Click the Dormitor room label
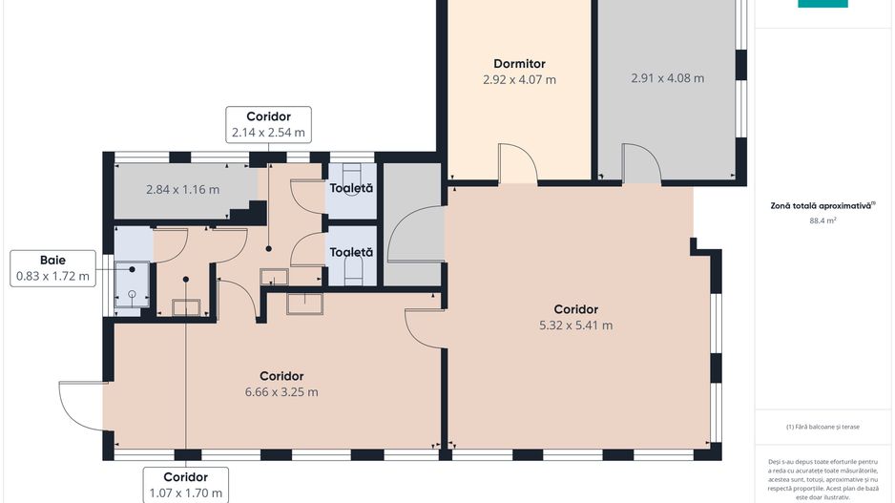519,64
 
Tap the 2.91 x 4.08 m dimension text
667,78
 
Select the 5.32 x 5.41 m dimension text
576,325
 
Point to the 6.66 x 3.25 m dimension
281,392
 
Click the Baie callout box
52,268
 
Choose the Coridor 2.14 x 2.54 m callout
268,124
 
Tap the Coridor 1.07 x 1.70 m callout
185,485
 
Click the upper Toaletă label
351,188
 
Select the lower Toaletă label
351,252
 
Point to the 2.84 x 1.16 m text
182,190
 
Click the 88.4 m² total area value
822,220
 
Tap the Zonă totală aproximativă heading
822,205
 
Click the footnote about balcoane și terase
822,427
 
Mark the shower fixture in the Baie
132,284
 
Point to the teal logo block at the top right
822,4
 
